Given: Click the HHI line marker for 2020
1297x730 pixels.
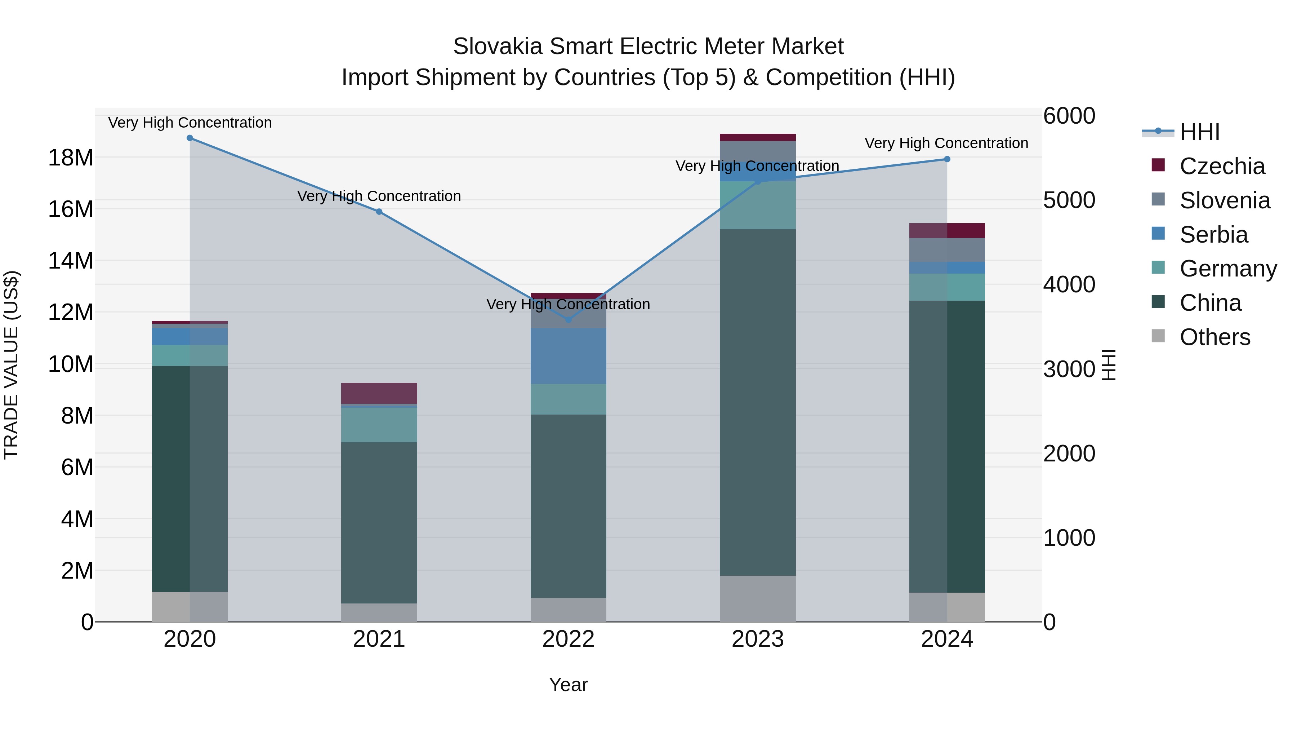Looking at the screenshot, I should click(190, 138).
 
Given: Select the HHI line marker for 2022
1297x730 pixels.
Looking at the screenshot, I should click(569, 319).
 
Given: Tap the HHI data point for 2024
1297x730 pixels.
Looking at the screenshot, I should click(947, 159).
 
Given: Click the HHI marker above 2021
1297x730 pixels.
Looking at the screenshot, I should click(379, 212).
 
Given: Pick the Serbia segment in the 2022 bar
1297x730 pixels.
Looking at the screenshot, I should click(569, 356).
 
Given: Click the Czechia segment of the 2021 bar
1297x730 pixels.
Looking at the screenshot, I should click(379, 393).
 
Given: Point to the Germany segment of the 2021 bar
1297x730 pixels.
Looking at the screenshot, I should click(379, 425).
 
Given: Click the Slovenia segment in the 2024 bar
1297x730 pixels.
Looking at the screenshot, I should click(947, 249).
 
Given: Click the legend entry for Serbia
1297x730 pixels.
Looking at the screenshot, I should click(1213, 235).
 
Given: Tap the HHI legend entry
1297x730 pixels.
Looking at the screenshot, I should click(1199, 132).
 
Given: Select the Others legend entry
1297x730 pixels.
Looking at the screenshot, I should click(1214, 337).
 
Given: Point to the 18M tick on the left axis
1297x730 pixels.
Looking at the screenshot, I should click(71, 158).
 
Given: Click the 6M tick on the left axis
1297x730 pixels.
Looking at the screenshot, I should click(77, 467).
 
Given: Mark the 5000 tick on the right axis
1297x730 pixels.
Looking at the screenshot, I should click(1069, 200).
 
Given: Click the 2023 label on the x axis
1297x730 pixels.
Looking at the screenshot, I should click(758, 639).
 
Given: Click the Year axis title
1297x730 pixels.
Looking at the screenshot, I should click(569, 685).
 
